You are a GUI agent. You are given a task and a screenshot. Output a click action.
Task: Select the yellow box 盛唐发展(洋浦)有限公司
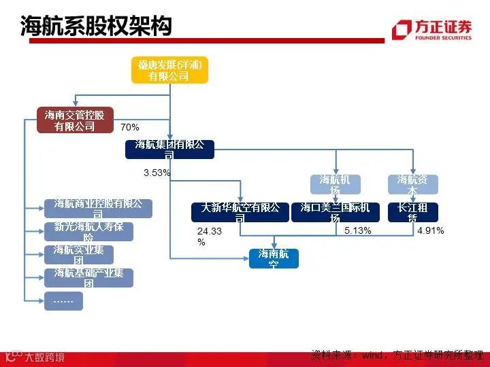click(x=169, y=70)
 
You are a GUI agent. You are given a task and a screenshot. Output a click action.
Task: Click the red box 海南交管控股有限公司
click(x=75, y=120)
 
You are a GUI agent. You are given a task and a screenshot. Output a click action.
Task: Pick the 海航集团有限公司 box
click(x=169, y=149)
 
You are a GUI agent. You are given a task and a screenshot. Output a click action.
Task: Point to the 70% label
click(x=130, y=127)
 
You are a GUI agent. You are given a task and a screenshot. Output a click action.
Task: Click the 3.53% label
click(x=157, y=173)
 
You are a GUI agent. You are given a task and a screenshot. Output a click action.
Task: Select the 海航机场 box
click(x=335, y=184)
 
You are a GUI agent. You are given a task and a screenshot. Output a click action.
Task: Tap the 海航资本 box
click(x=412, y=184)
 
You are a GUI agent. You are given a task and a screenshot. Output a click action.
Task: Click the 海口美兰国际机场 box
click(x=335, y=212)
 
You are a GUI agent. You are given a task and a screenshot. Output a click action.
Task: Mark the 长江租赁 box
click(x=412, y=212)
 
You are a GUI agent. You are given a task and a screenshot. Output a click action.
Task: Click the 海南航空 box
click(x=274, y=258)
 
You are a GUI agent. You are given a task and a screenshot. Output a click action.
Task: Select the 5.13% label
click(x=358, y=231)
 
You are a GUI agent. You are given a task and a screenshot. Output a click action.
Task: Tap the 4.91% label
click(x=431, y=231)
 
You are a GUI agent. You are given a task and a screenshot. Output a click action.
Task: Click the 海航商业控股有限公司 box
click(x=98, y=208)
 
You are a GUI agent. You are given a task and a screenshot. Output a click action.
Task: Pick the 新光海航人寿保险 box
click(x=88, y=231)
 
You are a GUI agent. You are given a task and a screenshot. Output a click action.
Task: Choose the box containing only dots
click(x=63, y=300)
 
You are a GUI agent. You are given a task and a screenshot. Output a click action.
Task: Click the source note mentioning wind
click(x=397, y=355)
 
